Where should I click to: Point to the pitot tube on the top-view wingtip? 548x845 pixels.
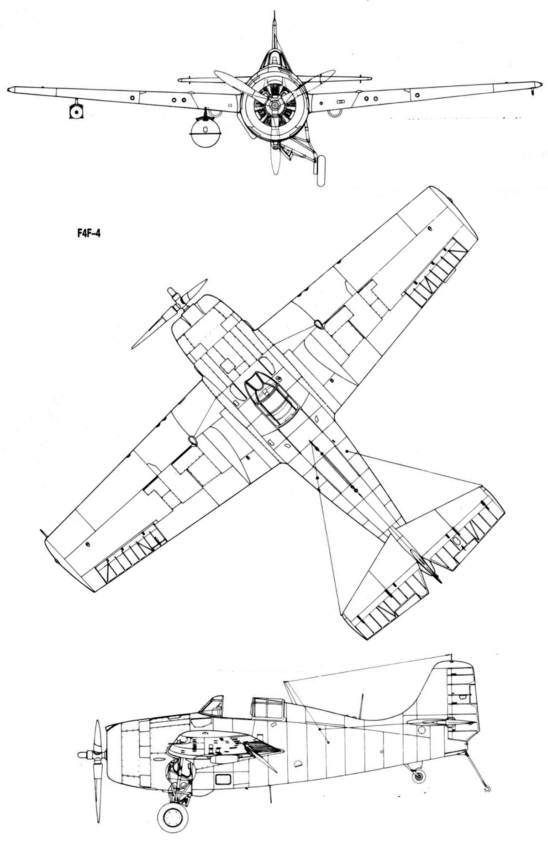click(x=43, y=533)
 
